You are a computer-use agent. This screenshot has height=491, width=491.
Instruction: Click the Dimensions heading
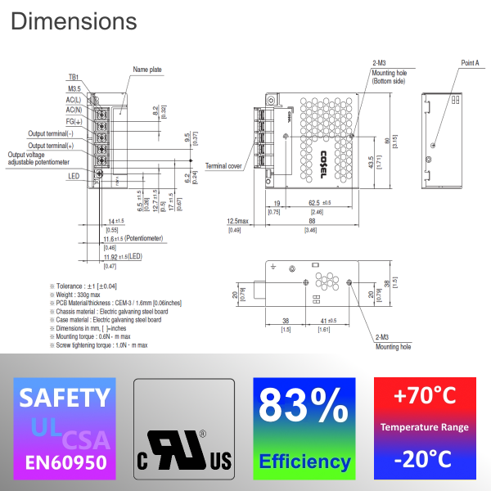coord(74,20)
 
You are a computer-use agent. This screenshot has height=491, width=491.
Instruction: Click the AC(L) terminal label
coord(73,99)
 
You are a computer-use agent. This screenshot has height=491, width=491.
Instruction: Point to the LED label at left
coord(74,175)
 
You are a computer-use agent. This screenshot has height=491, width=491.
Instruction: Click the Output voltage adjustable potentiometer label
coord(39,158)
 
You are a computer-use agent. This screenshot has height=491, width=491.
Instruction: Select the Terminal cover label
coord(223,165)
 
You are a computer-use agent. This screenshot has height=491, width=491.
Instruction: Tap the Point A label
coord(470,63)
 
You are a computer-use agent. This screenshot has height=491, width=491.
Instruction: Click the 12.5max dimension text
coord(238,221)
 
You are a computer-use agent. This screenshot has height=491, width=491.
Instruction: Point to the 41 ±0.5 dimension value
coord(327,320)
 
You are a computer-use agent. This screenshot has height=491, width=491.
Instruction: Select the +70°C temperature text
coord(424,397)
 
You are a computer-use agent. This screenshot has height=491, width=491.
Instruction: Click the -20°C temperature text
coord(424,459)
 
